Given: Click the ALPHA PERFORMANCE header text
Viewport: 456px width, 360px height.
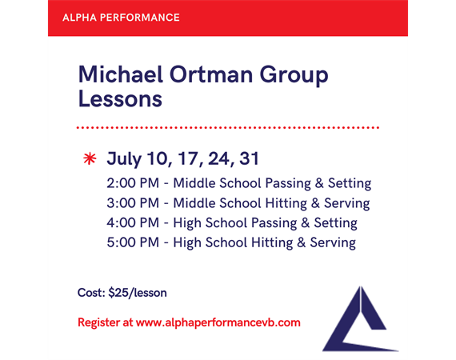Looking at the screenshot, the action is pyautogui.click(x=121, y=18).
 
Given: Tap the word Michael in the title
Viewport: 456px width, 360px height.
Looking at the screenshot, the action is pyautogui.click(x=120, y=74).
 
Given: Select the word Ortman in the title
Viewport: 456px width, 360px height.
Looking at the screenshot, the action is pyautogui.click(x=211, y=74).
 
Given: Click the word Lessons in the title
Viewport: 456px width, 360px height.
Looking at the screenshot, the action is pyautogui.click(x=120, y=99).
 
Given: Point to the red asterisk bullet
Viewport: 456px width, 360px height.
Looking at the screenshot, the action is pyautogui.click(x=90, y=158).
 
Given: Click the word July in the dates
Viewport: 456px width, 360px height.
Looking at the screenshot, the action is pyautogui.click(x=124, y=159).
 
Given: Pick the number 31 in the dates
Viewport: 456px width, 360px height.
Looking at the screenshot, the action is pyautogui.click(x=249, y=158).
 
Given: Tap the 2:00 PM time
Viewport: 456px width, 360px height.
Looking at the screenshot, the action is pyautogui.click(x=133, y=183).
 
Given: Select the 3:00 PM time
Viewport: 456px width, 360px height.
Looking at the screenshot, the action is pyautogui.click(x=133, y=203).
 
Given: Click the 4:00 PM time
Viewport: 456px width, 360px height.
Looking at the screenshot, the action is pyautogui.click(x=133, y=222).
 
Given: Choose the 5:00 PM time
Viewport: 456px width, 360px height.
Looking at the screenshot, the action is pyautogui.click(x=133, y=242).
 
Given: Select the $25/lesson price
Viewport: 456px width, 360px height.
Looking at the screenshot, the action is pyautogui.click(x=138, y=293).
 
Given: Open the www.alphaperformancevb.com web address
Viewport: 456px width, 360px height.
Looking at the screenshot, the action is pyautogui.click(x=218, y=322).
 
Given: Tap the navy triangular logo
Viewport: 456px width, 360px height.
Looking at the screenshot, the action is pyautogui.click(x=360, y=319).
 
